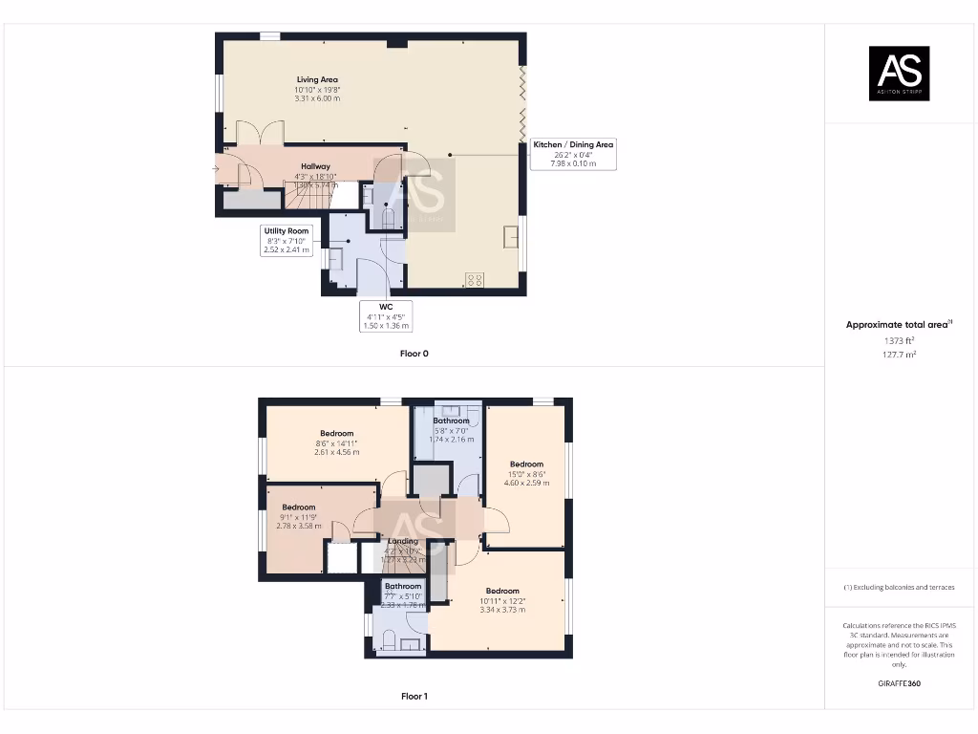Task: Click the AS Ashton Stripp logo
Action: click(898, 74)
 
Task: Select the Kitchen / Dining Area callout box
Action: click(573, 154)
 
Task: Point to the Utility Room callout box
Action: click(287, 240)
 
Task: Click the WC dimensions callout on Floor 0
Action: click(386, 316)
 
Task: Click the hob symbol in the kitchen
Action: click(473, 279)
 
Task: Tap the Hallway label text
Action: click(315, 166)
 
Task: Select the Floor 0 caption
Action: click(414, 354)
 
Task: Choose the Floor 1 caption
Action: click(414, 697)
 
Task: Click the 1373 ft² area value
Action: click(898, 340)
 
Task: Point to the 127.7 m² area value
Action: click(898, 355)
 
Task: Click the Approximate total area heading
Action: click(898, 325)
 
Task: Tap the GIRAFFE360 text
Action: click(898, 683)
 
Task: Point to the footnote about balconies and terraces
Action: click(898, 587)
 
